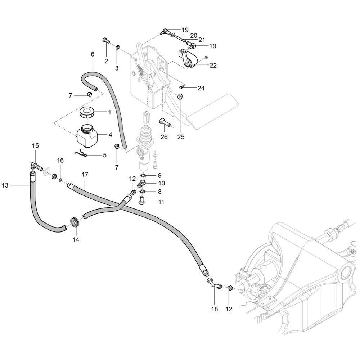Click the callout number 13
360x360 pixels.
pyautogui.click(x=5, y=185)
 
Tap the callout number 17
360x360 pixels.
pyautogui.click(x=85, y=175)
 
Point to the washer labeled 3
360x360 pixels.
pyautogui.click(x=118, y=47)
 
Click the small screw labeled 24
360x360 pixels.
pyautogui.click(x=182, y=87)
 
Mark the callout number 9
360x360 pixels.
pyautogui.click(x=159, y=175)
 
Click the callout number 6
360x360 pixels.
pyautogui.click(x=93, y=54)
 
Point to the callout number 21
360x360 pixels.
pyautogui.click(x=202, y=40)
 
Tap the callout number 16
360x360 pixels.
pyautogui.click(x=60, y=160)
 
